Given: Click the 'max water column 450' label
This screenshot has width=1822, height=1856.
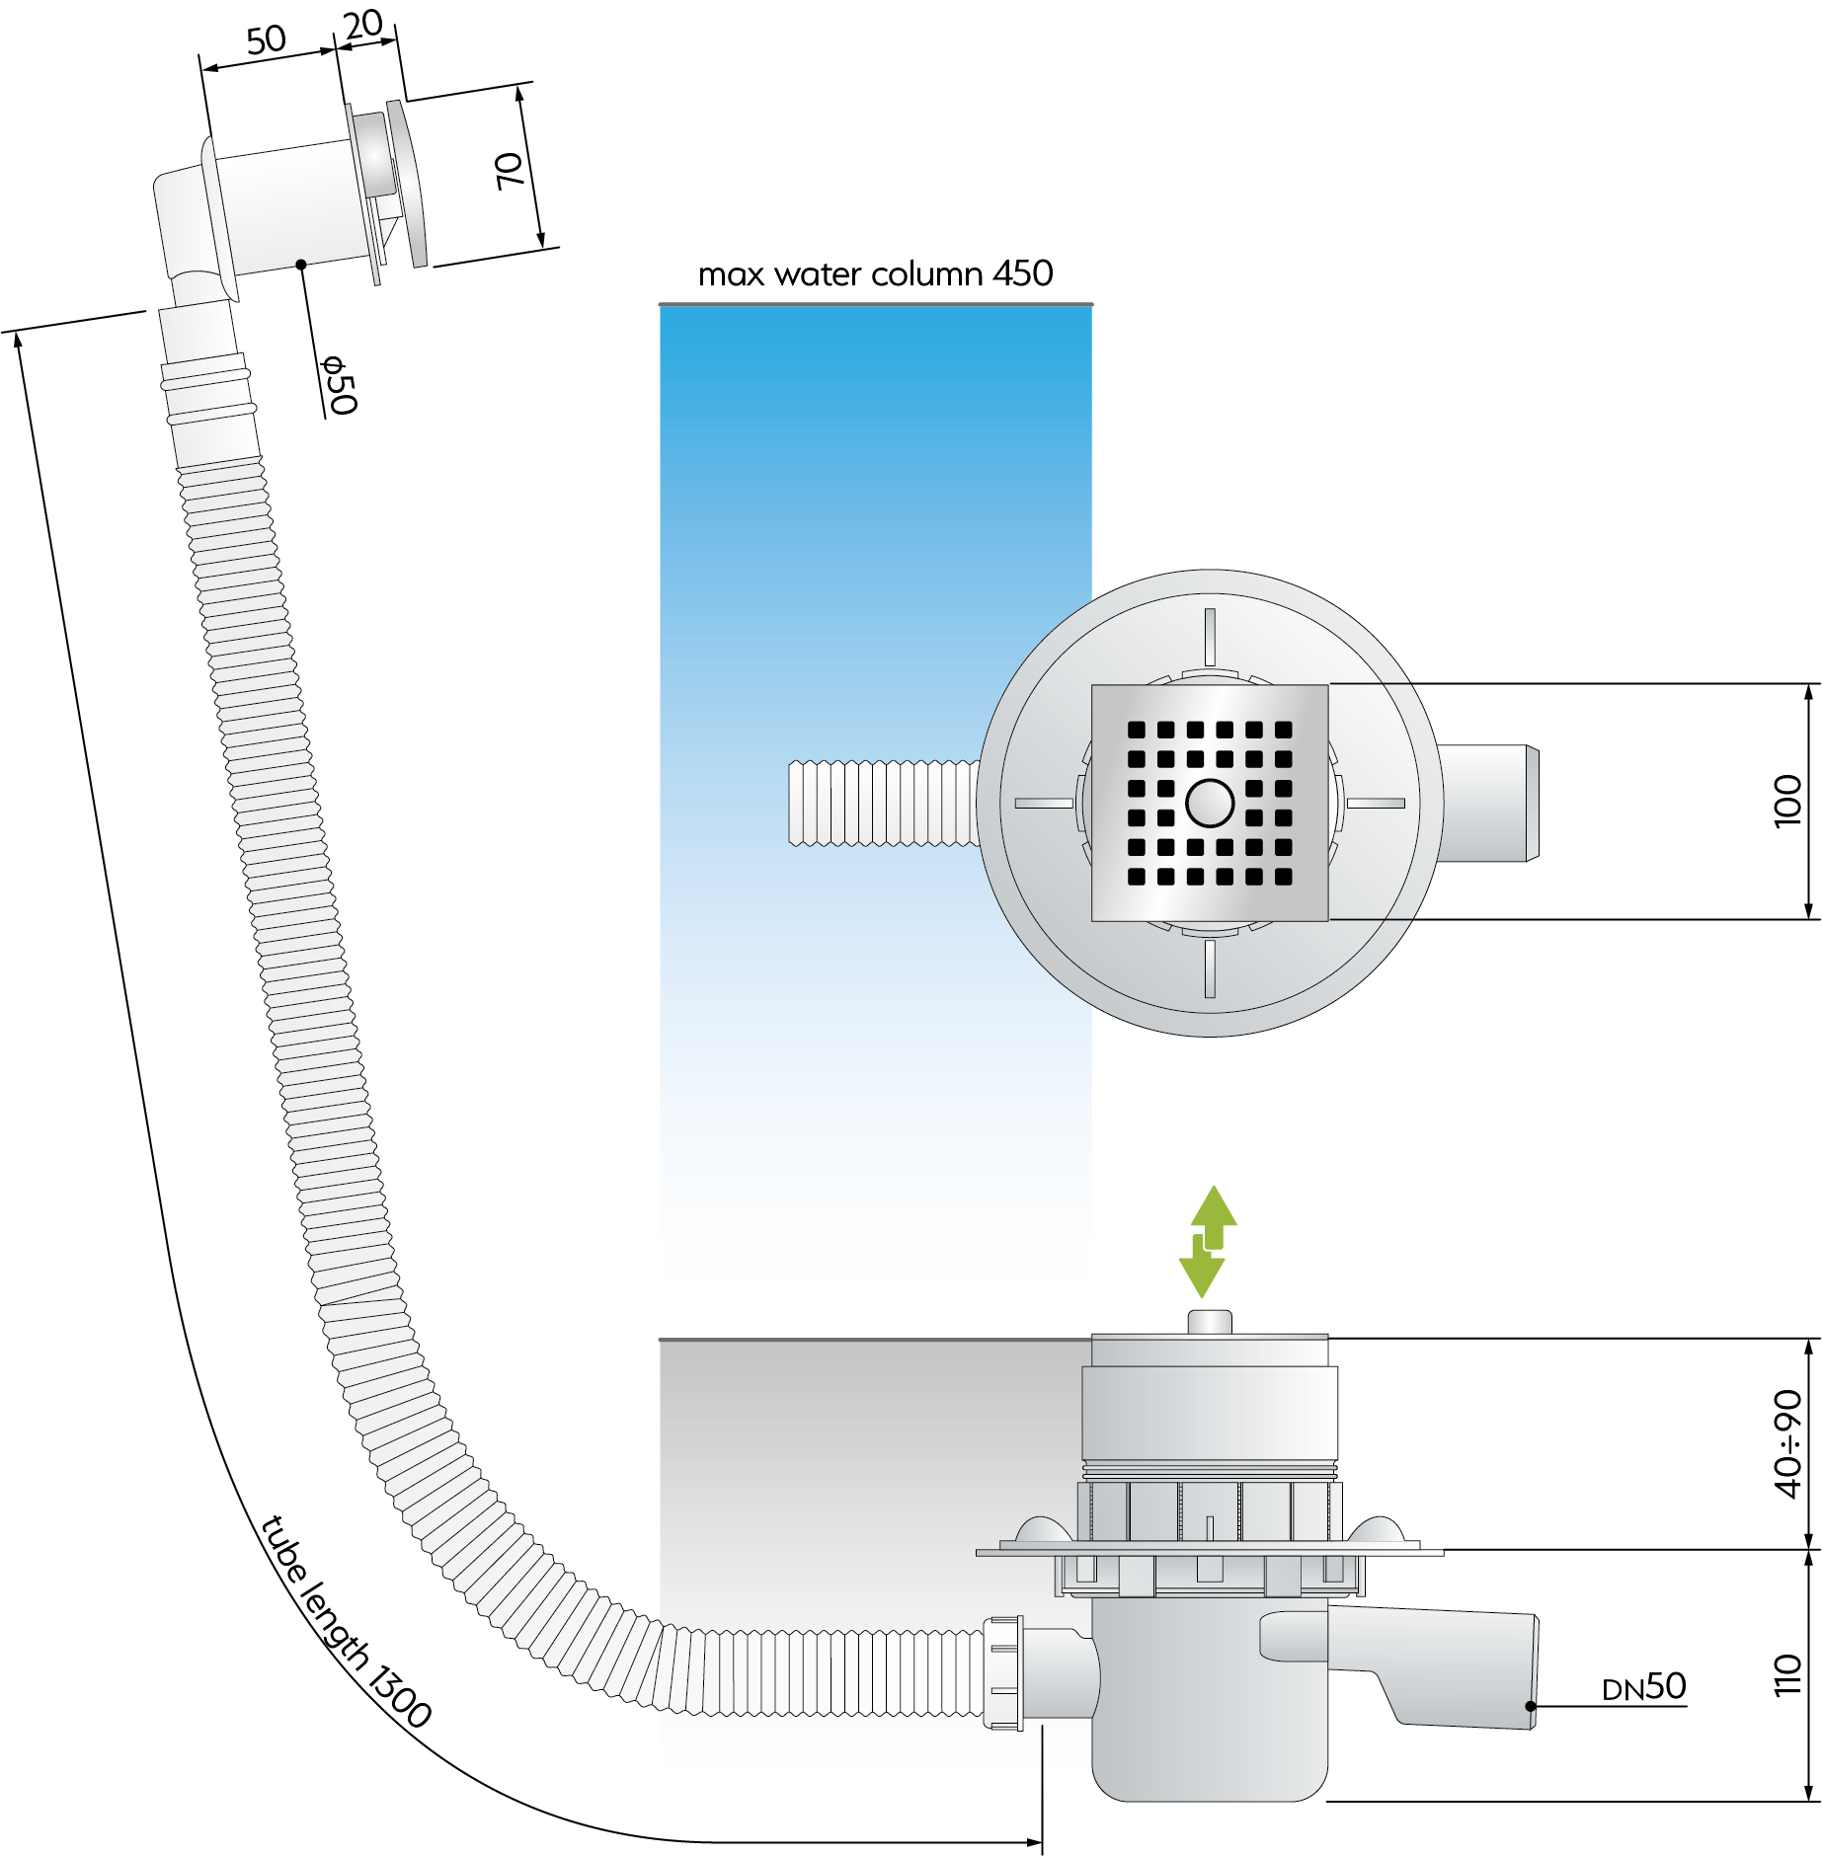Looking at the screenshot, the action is tap(875, 273).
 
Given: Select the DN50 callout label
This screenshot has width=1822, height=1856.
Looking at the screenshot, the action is tap(1643, 1687).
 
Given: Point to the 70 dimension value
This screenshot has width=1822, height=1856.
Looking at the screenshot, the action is tap(509, 171).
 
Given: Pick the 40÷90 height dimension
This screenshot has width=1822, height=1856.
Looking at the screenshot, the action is tap(1787, 1443).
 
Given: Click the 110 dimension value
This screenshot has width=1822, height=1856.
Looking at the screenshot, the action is tap(1787, 1675).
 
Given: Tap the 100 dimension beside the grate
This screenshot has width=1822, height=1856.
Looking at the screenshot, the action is tap(1787, 801).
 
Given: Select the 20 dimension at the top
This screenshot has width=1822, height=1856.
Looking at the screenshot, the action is tap(363, 24).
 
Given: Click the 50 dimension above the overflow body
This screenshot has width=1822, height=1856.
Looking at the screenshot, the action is tap(267, 40).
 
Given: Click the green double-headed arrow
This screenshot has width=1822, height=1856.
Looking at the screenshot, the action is tap(1209, 1241).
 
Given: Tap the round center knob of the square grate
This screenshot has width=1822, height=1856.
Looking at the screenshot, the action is tap(1210, 803).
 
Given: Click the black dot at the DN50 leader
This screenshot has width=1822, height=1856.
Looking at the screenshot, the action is tap(1531, 1706).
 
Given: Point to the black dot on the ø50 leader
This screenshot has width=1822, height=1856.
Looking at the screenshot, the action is tap(301, 265).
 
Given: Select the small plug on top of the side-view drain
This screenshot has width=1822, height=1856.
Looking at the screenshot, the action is tap(1210, 1322).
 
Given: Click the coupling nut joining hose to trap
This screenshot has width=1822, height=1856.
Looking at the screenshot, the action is tap(1003, 1672).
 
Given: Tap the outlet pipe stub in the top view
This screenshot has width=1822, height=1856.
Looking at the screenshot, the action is tap(1488, 804).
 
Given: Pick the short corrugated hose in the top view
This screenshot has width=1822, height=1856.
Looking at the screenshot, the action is tap(884, 803).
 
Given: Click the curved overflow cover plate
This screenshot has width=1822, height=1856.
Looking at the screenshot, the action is tap(406, 183).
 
